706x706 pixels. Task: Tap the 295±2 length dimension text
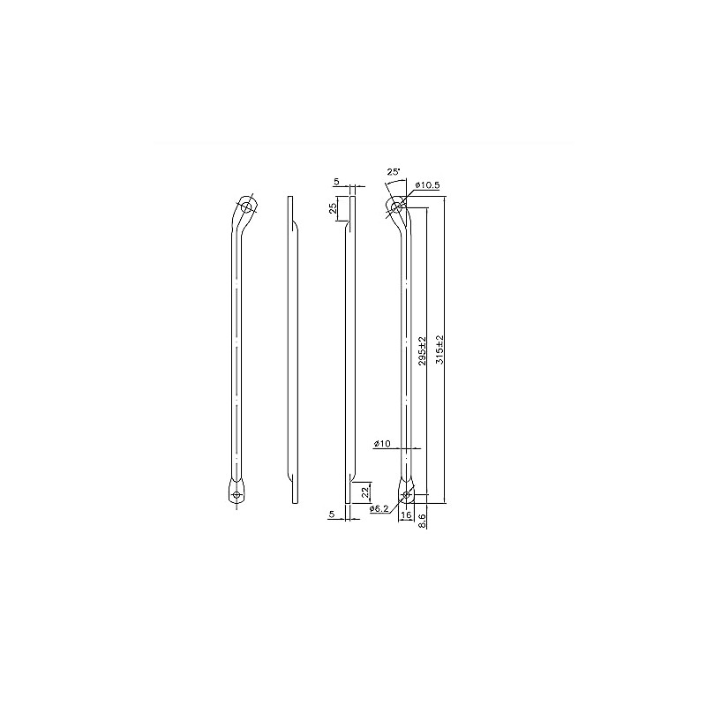pyautogui.click(x=423, y=350)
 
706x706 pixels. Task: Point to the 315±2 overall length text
pyautogui.click(x=439, y=350)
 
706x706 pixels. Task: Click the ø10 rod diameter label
pyautogui.click(x=382, y=443)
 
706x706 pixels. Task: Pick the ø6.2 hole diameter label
pyautogui.click(x=379, y=509)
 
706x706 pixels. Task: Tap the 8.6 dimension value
pyautogui.click(x=424, y=522)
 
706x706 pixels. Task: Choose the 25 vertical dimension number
pyautogui.click(x=333, y=210)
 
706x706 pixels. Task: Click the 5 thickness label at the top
pyautogui.click(x=336, y=183)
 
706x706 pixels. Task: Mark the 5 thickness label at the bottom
pyautogui.click(x=332, y=513)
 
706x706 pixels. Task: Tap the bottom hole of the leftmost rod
pyautogui.click(x=236, y=494)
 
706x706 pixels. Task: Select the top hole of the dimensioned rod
pyautogui.click(x=398, y=207)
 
